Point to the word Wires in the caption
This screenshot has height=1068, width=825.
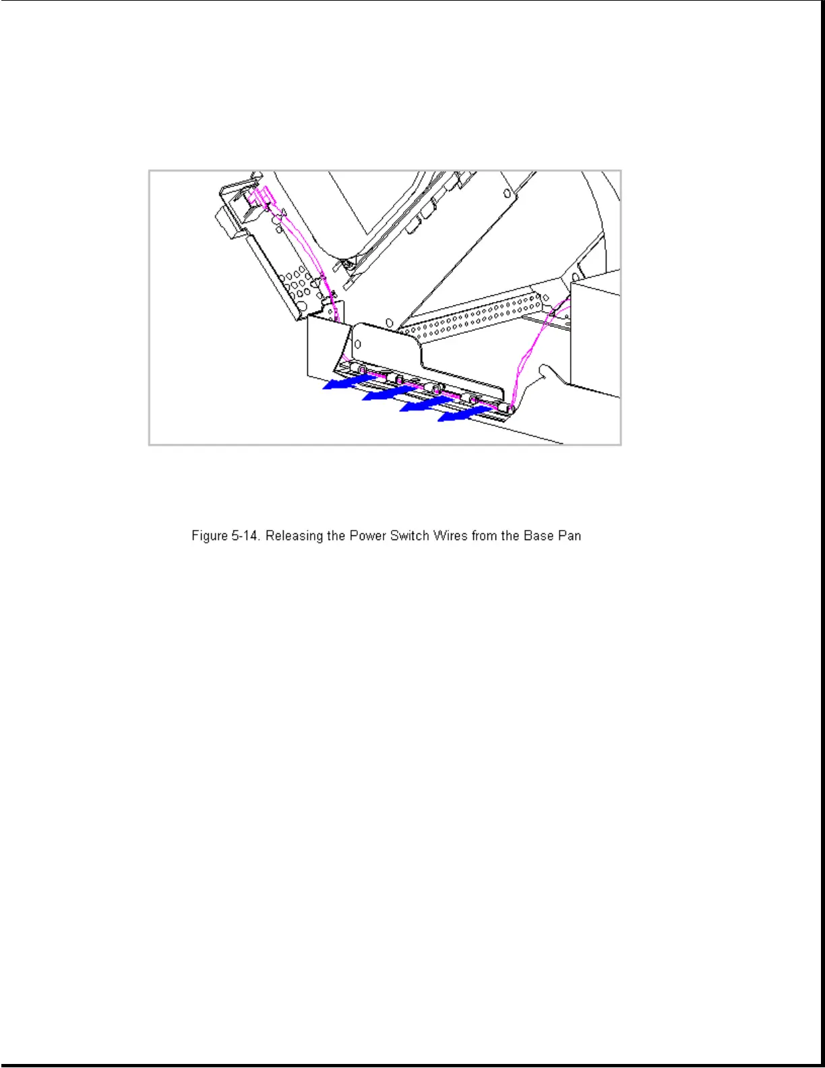[x=450, y=536]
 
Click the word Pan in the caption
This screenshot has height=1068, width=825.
[x=570, y=536]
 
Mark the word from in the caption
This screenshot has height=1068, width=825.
[x=484, y=536]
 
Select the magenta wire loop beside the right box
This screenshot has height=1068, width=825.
[x=532, y=351]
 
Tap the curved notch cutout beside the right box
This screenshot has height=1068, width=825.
[x=547, y=373]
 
